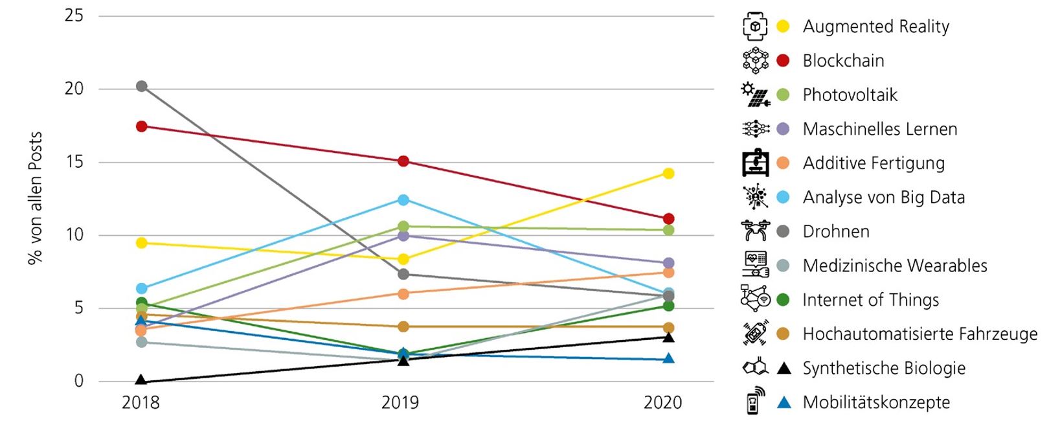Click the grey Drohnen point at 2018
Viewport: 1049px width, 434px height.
click(141, 86)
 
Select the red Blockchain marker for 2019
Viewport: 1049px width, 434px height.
click(403, 161)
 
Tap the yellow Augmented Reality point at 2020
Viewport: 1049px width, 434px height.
click(668, 173)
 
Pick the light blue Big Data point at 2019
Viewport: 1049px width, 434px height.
click(403, 200)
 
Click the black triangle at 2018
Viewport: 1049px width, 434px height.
click(141, 380)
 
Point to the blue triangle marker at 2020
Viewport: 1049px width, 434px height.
click(668, 358)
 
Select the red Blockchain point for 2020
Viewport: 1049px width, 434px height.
click(668, 219)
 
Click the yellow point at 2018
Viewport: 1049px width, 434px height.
click(141, 243)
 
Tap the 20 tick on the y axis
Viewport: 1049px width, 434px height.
click(74, 89)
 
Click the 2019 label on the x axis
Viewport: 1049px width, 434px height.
click(400, 403)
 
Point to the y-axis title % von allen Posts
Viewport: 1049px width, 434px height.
click(35, 198)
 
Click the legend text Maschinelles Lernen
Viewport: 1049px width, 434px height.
click(879, 129)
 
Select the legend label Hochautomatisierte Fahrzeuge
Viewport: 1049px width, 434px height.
click(919, 334)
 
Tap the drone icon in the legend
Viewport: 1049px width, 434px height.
click(755, 230)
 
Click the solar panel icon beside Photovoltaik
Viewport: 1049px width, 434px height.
click(755, 95)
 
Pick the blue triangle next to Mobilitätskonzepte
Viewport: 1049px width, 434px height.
click(784, 402)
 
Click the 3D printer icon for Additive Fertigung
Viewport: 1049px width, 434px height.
click(755, 163)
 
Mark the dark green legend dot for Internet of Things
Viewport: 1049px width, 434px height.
click(783, 300)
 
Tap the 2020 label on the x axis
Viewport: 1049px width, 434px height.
click(662, 403)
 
